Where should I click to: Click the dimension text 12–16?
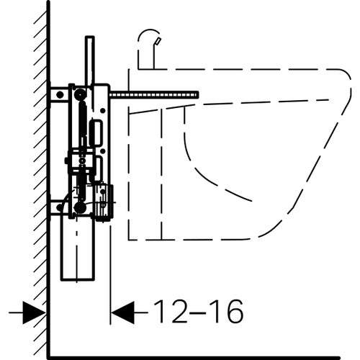(197, 312)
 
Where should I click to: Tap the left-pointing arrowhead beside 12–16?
(123, 312)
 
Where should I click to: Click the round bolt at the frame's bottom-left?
(79, 207)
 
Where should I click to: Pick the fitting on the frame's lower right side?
(104, 200)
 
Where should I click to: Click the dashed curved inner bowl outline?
(209, 176)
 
